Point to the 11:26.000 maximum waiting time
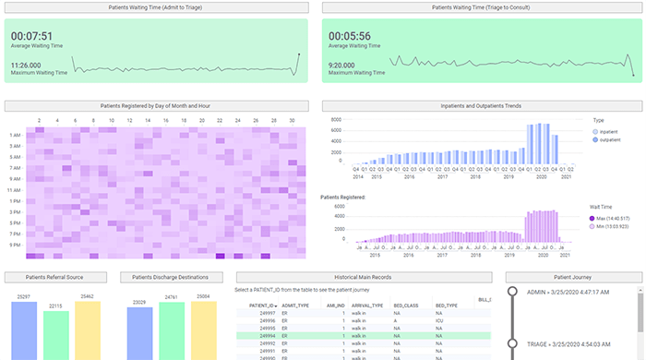[x=30, y=65]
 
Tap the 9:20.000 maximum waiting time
[x=348, y=65]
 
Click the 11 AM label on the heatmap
[x=16, y=189]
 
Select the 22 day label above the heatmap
[x=219, y=121]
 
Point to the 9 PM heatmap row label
[x=16, y=245]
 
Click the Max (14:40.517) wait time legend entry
[x=614, y=219]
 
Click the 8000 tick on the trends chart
[x=336, y=120]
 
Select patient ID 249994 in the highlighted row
[x=260, y=335]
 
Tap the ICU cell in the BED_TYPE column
[x=441, y=320]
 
